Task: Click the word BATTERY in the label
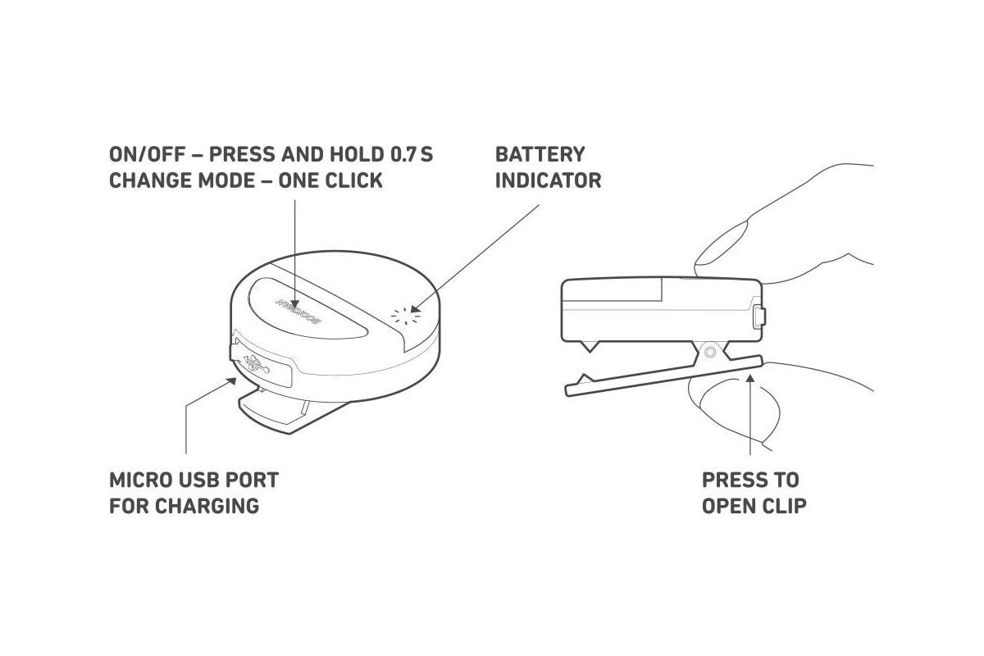(x=540, y=154)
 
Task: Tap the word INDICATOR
(x=548, y=180)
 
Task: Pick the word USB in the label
(x=202, y=480)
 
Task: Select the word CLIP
(x=782, y=505)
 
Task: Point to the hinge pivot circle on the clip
(x=709, y=352)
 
